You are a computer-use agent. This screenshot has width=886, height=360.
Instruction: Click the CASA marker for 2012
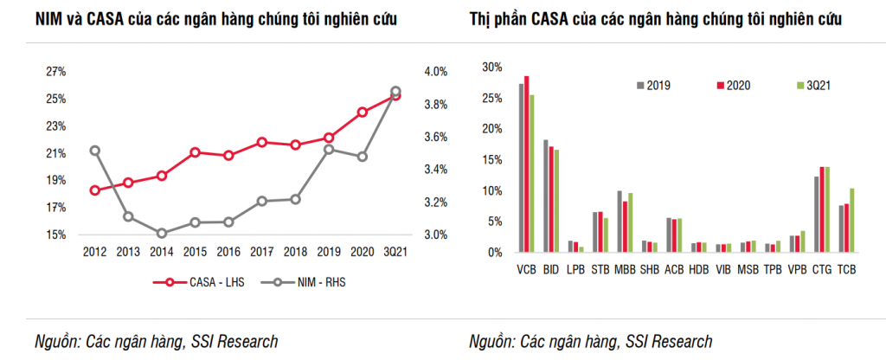coord(95,190)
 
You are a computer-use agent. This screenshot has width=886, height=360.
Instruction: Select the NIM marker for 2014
coord(163,233)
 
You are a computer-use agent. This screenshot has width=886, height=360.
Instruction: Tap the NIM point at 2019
coord(329,150)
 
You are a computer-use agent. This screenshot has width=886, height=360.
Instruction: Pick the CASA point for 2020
coord(363,112)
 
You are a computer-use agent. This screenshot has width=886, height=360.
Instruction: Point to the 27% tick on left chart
coord(56,71)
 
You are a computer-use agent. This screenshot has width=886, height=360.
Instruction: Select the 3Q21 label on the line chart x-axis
coord(395,251)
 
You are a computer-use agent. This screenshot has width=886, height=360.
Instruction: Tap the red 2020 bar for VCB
coord(526,164)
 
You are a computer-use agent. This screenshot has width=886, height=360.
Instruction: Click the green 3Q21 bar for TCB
coord(852,220)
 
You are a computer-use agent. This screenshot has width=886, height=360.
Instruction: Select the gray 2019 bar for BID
coord(546,196)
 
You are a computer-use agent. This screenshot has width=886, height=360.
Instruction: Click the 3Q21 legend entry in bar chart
coord(812,85)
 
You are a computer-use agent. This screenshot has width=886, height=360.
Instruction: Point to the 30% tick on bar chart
coord(491,67)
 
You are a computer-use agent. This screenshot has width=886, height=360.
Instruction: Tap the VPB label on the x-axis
coord(798,270)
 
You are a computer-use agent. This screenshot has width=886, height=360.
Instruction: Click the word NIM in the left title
coord(50,18)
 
